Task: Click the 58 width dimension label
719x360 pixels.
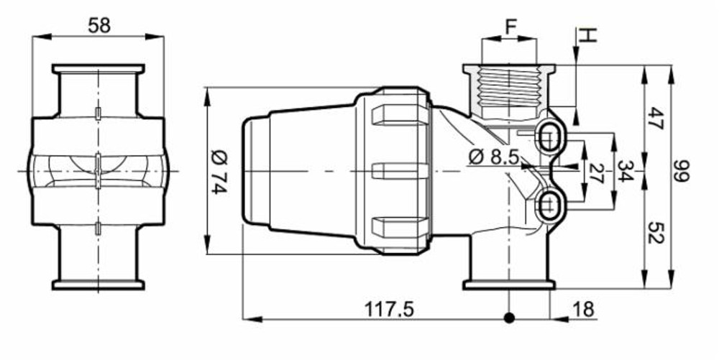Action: tap(99, 26)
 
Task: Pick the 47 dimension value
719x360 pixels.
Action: tap(654, 117)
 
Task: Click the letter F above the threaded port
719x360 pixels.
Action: tap(510, 27)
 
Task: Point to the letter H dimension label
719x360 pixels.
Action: tap(587, 34)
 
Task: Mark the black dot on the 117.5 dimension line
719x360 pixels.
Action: tap(509, 318)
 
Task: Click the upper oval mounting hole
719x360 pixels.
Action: tap(551, 134)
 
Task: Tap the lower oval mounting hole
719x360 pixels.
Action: tap(551, 205)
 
